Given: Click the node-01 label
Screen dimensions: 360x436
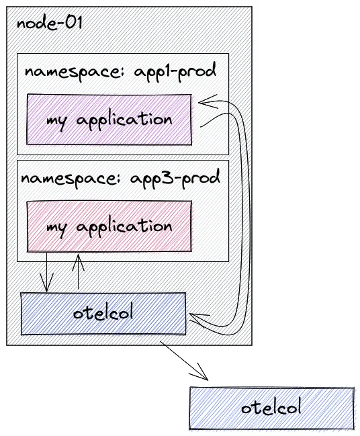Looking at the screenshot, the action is tap(50, 23).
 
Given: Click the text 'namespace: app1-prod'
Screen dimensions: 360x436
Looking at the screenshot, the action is tap(120, 72).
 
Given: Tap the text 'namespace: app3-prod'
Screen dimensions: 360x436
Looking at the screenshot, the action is tap(120, 178).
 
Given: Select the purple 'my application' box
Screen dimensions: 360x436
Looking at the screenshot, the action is tap(109, 120).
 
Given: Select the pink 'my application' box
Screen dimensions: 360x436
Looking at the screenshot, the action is tap(109, 226).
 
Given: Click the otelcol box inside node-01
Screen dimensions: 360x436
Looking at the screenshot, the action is tap(103, 313).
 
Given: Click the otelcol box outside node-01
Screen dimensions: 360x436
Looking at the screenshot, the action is tap(271, 408).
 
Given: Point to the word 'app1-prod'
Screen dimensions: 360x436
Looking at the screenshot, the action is tap(175, 72).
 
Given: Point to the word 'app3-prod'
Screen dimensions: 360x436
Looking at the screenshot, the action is tap(175, 178).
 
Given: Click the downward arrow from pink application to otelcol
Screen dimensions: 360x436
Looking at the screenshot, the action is tap(46, 272).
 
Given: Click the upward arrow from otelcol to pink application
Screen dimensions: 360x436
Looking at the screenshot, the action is tap(78, 271).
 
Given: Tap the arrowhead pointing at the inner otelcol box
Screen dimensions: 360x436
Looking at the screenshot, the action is tap(199, 320).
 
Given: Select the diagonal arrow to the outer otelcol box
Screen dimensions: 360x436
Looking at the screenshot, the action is tap(184, 360).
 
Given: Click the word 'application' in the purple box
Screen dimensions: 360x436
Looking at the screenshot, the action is tap(124, 120).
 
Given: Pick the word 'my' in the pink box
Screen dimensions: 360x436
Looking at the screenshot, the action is tap(56, 229).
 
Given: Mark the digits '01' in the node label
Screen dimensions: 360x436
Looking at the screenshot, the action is tap(74, 23).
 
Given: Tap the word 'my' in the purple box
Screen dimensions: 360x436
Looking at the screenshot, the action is tap(56, 122).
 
